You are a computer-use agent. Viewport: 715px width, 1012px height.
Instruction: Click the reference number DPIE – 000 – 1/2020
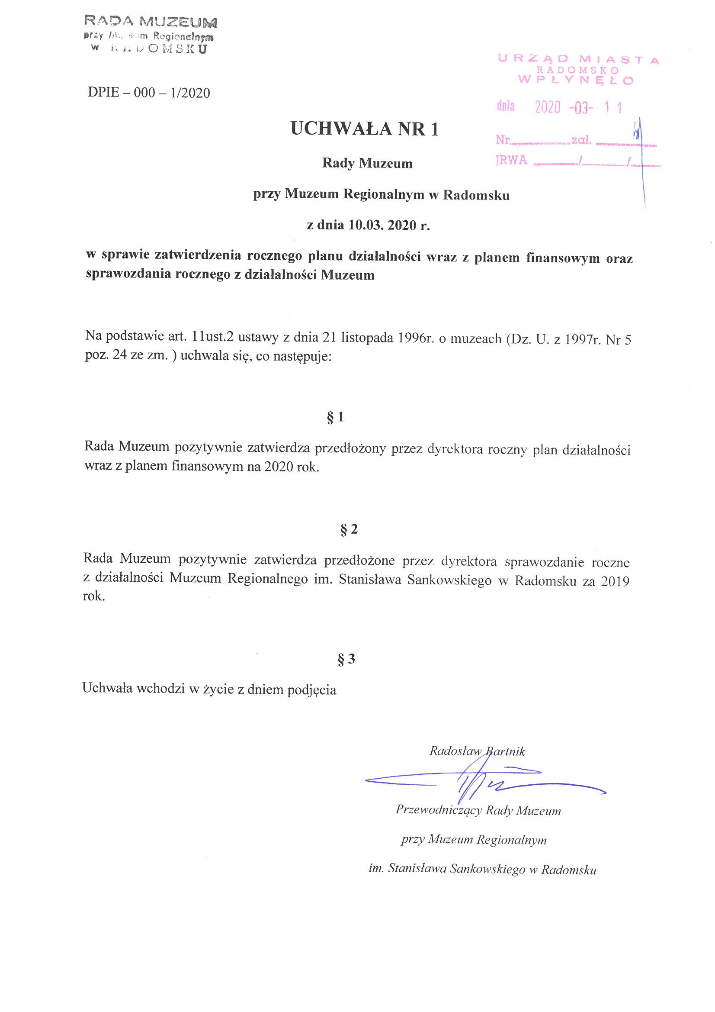(x=149, y=93)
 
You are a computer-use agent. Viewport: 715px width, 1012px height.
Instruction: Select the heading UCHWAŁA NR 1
(x=364, y=129)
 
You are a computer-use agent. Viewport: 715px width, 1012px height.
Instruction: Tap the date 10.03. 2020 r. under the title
(x=389, y=225)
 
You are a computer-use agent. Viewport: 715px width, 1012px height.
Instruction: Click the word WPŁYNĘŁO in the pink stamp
(x=576, y=80)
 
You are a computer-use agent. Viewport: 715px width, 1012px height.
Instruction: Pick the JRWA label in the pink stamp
(x=511, y=160)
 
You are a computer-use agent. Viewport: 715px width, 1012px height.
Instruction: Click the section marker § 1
(x=335, y=417)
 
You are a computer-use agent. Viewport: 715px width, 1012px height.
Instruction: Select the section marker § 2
(x=349, y=529)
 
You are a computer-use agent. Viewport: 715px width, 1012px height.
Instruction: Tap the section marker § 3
(x=346, y=659)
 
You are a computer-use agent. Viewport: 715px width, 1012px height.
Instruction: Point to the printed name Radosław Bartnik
(x=477, y=751)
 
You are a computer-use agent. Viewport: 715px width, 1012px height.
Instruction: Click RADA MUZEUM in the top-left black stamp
(x=150, y=21)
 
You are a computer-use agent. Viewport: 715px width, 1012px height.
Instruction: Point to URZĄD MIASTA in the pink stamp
(x=578, y=59)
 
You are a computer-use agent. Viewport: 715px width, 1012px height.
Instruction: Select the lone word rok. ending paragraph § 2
(x=94, y=596)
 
